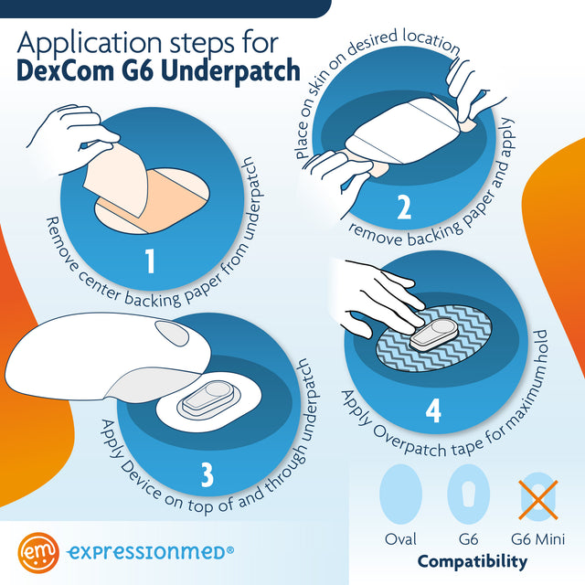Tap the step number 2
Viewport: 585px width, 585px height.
click(x=404, y=208)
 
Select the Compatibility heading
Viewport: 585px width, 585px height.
click(x=472, y=561)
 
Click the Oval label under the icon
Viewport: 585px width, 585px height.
click(x=400, y=539)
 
